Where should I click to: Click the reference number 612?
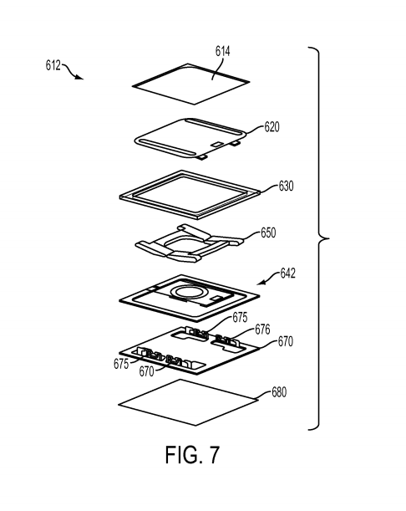click(53, 65)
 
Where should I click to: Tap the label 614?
click(223, 51)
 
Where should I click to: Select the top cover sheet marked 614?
click(191, 84)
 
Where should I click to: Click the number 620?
click(272, 127)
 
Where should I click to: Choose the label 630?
click(286, 186)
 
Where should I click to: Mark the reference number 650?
click(268, 233)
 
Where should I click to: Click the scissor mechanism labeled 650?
click(190, 243)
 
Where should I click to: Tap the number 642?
click(288, 273)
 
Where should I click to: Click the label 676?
click(262, 330)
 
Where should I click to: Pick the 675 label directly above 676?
click(240, 318)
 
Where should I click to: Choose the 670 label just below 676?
click(286, 341)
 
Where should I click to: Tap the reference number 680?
click(279, 392)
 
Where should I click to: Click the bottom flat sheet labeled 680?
click(189, 402)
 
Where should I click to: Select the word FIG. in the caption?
click(184, 454)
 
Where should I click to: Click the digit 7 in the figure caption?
click(214, 454)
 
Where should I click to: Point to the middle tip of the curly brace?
click(329, 238)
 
